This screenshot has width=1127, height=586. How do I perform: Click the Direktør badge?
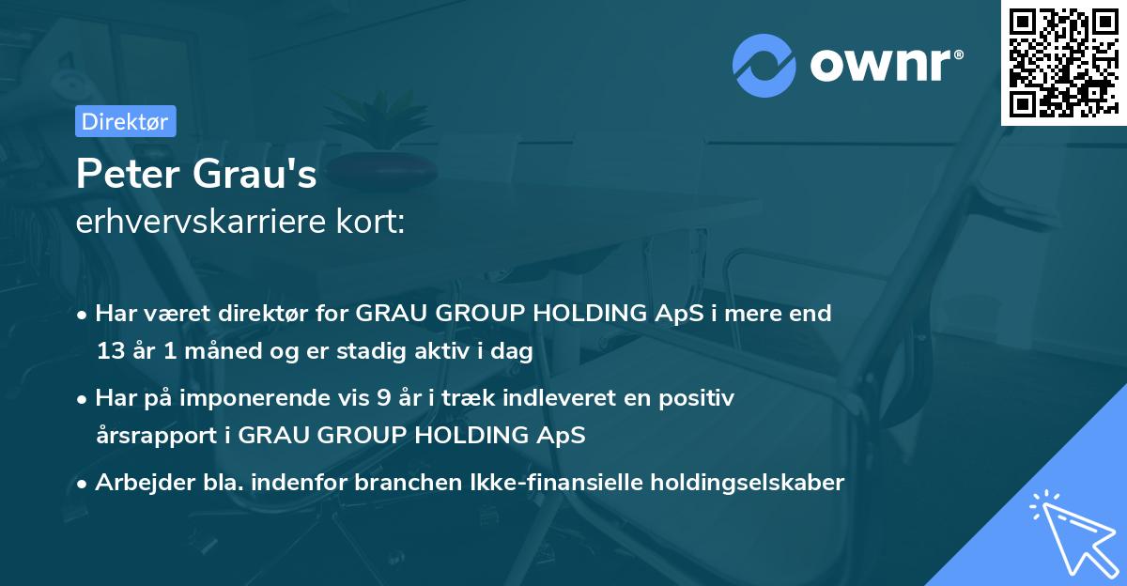coord(124,121)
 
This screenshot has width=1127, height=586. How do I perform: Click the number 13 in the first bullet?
coord(110,352)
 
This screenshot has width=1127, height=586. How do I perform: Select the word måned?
coord(207,352)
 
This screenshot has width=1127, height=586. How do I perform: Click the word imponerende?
coord(257,398)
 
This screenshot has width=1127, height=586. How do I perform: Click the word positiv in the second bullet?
coord(700,398)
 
